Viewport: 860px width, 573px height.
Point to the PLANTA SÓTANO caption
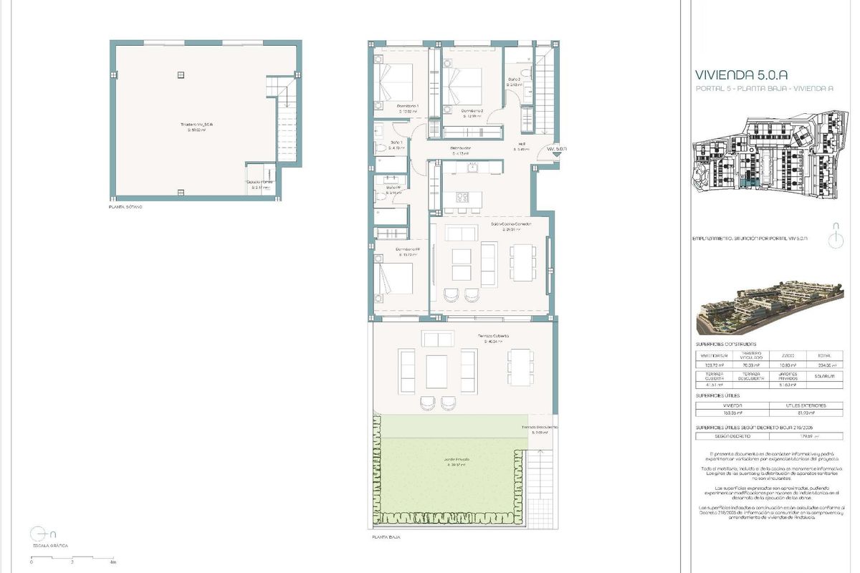click(x=125, y=207)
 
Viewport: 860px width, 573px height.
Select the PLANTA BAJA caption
click(x=386, y=536)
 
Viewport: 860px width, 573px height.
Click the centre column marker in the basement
click(x=181, y=74)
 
